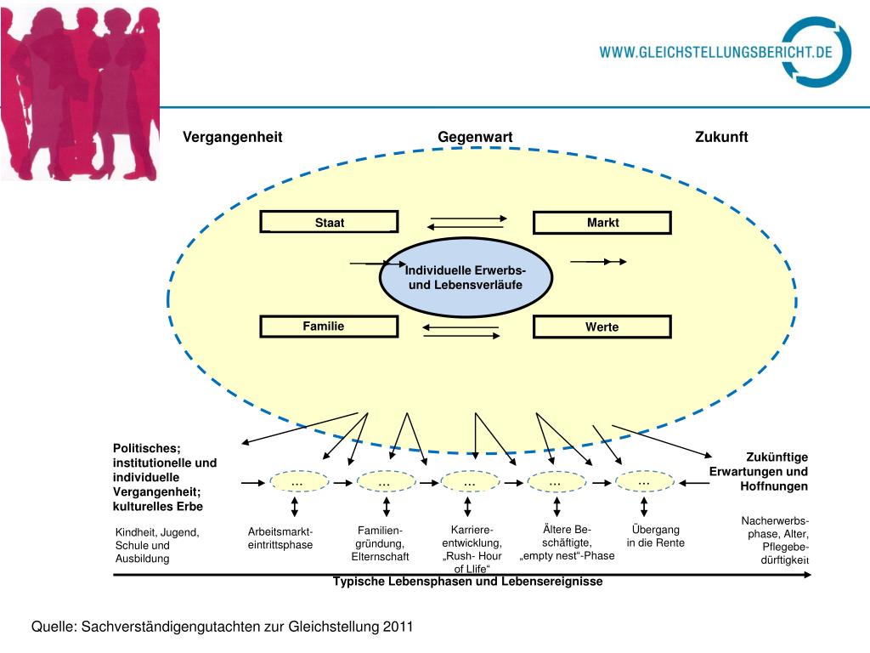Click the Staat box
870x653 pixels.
point(329,223)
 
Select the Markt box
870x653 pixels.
point(602,223)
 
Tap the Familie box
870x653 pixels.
point(329,326)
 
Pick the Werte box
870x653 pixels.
point(602,326)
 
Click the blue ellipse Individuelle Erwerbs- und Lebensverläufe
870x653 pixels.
point(466,277)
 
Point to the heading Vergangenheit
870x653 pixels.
point(233,138)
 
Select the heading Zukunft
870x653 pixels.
point(721,138)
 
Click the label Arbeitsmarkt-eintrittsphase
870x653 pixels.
point(280,538)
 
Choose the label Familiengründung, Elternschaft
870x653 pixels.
point(381,543)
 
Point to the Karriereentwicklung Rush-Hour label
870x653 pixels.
point(472,549)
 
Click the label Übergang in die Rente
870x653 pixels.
point(656,537)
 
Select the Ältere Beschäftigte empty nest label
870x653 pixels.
point(567,543)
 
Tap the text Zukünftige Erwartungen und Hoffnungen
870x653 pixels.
point(759,472)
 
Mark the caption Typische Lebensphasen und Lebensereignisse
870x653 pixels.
point(468,582)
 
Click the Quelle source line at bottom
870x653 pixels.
point(222,627)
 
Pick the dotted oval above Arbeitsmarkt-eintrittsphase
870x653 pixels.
point(298,482)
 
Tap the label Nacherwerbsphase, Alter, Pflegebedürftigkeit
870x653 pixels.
point(774,541)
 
